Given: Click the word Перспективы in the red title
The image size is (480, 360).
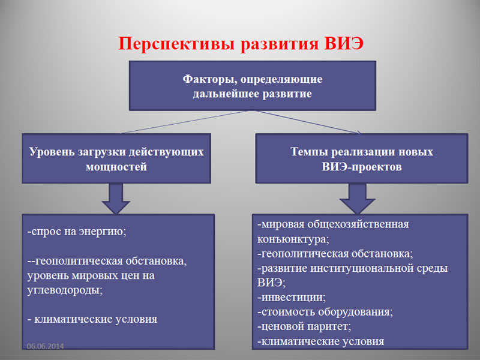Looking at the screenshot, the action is click(177, 44).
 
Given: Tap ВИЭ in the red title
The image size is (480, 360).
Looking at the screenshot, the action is click(344, 43).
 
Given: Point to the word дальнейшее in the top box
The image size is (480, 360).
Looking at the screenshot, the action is click(226, 94).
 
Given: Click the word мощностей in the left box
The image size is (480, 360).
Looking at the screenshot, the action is click(116, 167).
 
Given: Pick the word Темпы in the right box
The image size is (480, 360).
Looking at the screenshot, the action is click(309, 152).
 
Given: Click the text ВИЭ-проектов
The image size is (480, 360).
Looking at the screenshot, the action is click(362, 167).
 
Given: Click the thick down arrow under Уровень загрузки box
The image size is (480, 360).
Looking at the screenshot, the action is click(116, 199).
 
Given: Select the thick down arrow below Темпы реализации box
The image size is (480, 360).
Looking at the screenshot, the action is click(357, 199).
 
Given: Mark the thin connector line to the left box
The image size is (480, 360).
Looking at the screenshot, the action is click(184, 122).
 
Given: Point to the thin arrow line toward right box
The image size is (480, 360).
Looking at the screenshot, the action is click(308, 122).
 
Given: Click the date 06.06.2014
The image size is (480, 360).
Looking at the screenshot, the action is click(46, 346).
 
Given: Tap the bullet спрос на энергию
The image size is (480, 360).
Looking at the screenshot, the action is click(77, 232).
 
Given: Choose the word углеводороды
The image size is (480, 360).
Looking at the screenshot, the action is click(65, 290).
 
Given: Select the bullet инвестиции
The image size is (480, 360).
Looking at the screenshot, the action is click(292, 297).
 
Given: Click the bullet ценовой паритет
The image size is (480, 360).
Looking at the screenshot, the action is click(304, 326).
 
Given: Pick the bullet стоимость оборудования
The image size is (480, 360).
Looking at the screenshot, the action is click(325, 311).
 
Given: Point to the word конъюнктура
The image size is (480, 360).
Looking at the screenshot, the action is click(293, 239).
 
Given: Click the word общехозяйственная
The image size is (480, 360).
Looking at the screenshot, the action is click(358, 224).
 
